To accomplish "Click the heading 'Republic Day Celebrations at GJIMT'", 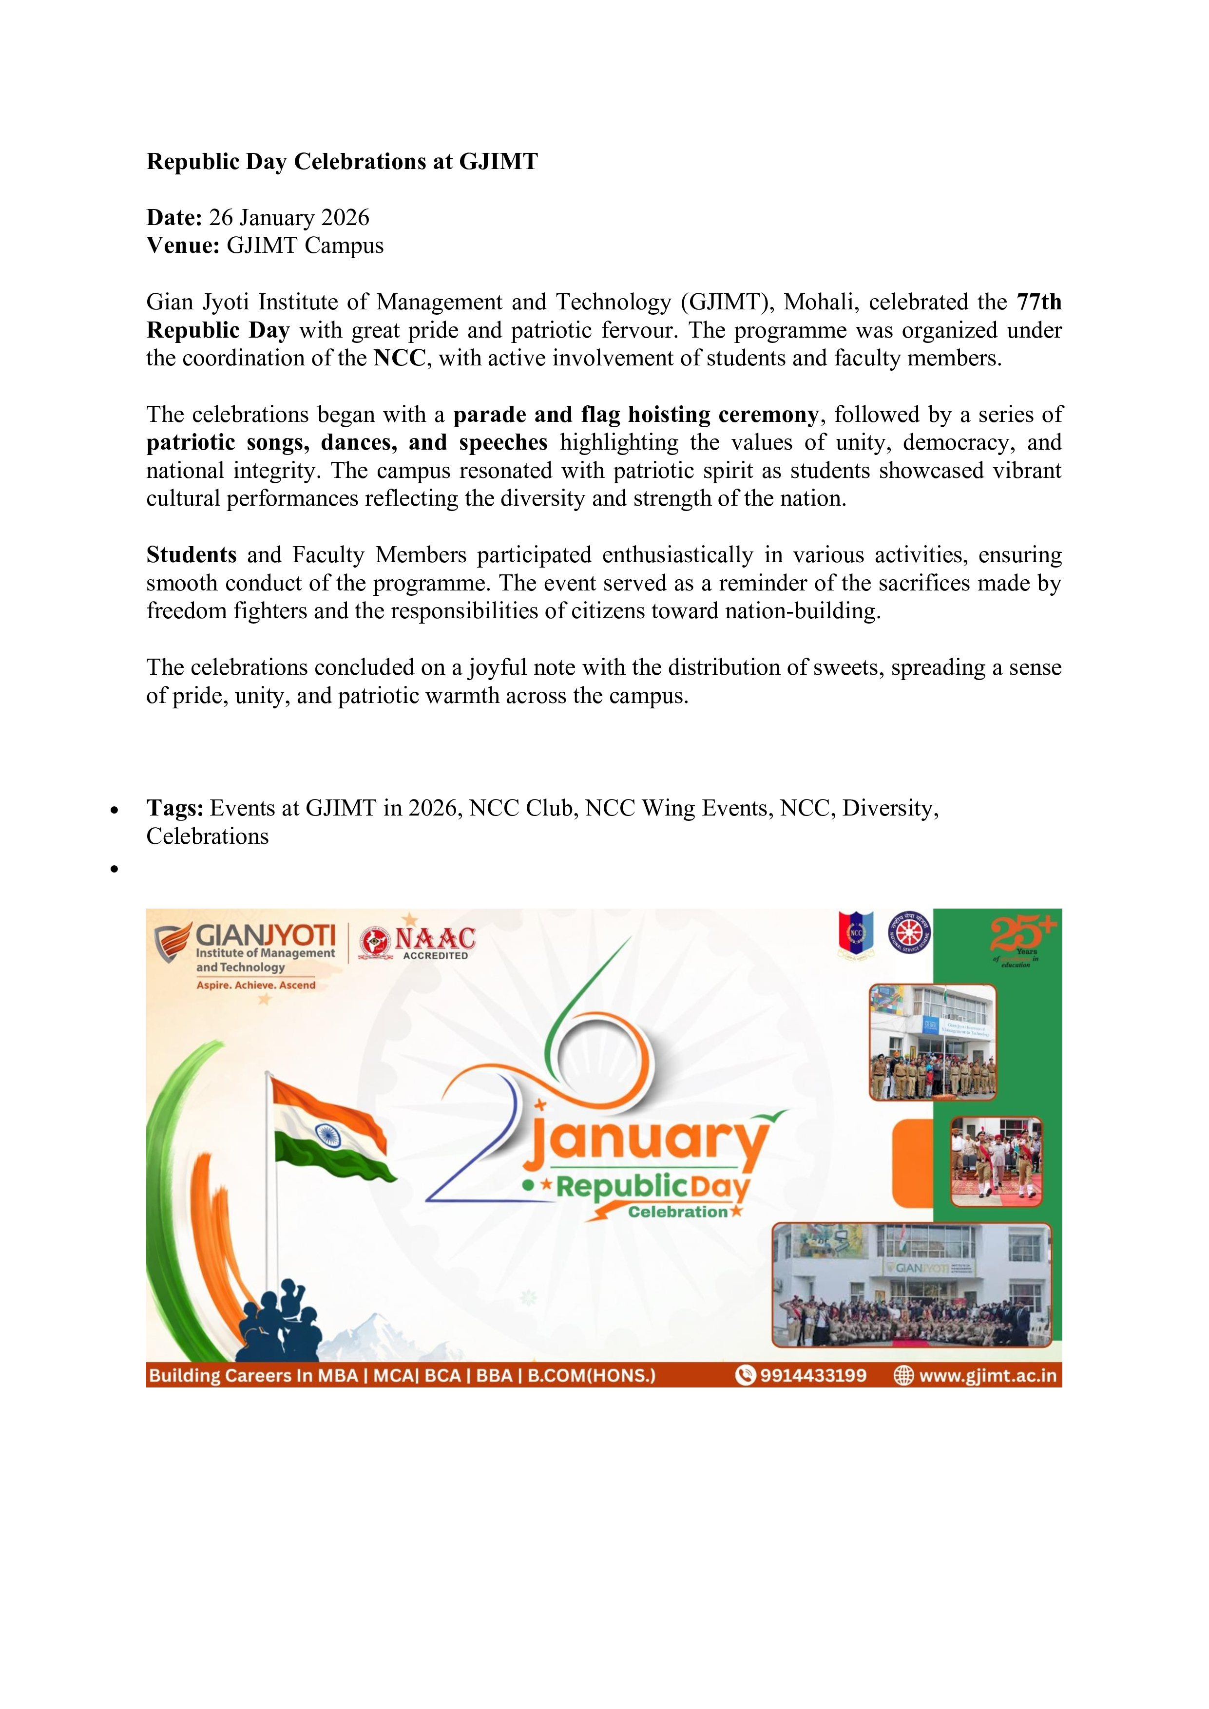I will coord(342,162).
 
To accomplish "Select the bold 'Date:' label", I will coord(174,217).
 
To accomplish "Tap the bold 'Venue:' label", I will coord(182,246).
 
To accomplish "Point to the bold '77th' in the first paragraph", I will coord(1038,302).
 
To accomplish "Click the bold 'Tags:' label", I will coord(175,808).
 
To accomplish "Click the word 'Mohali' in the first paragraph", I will coord(819,302).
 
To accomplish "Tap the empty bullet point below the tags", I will coord(114,869).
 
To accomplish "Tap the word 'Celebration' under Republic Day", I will coord(677,1212).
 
